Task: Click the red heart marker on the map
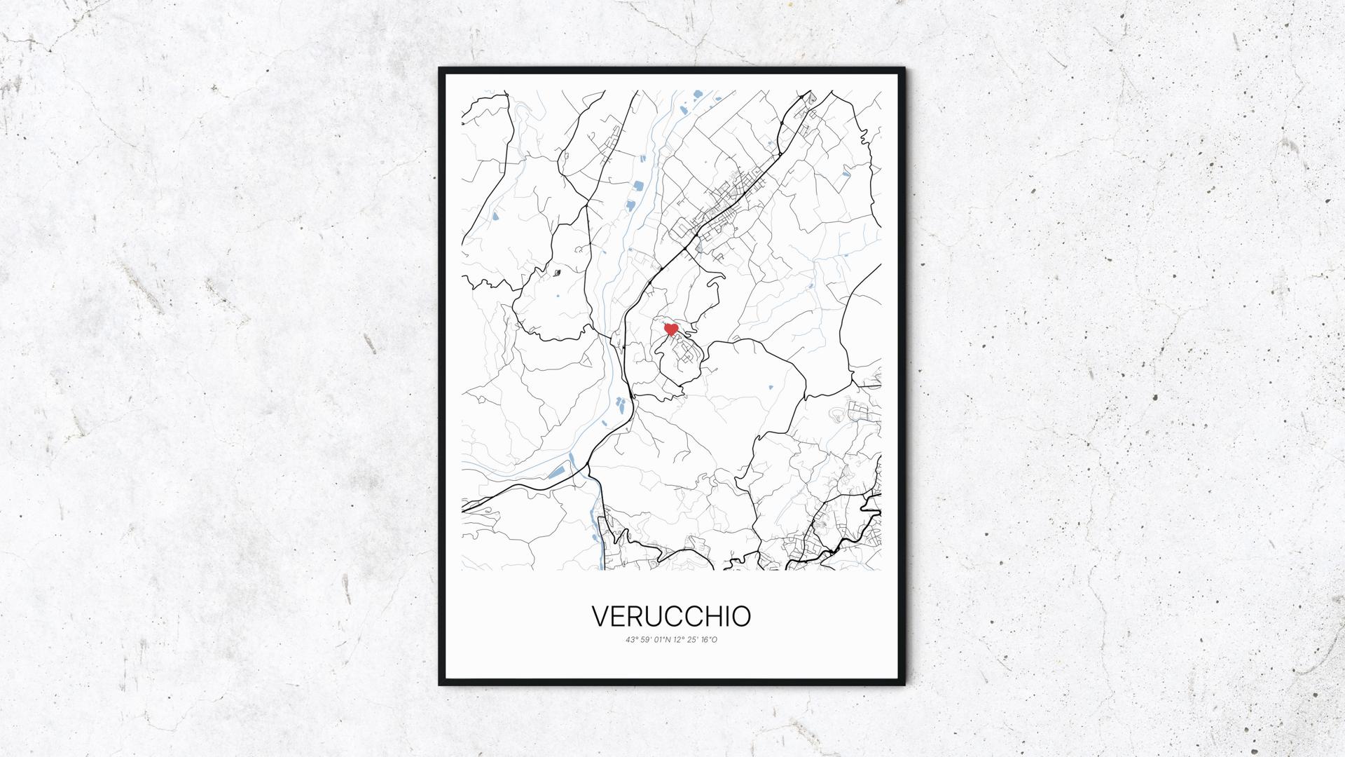point(670,329)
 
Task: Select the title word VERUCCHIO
point(671,616)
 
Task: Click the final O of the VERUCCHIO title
point(742,616)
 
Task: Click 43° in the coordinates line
point(632,640)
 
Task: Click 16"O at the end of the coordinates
point(709,640)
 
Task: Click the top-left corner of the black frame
point(441,69)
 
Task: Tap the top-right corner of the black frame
point(904,69)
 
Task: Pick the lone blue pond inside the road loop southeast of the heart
point(771,387)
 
